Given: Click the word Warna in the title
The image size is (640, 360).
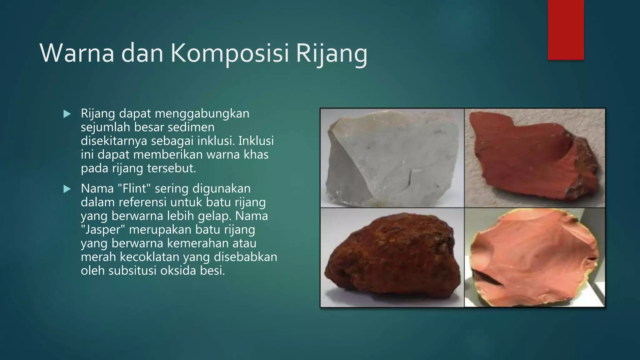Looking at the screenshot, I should point(77,53).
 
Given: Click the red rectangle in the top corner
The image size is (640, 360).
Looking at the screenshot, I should point(566,30).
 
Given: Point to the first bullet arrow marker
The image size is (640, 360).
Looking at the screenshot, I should point(67,114).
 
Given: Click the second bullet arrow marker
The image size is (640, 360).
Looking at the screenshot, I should point(67,189).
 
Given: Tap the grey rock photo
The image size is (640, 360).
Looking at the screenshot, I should point(392,158).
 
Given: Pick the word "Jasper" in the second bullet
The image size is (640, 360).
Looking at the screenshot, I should point(103,229).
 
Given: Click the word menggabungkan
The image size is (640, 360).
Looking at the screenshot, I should point(202,113).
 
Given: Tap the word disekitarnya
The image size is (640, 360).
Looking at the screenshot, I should point(114,141).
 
